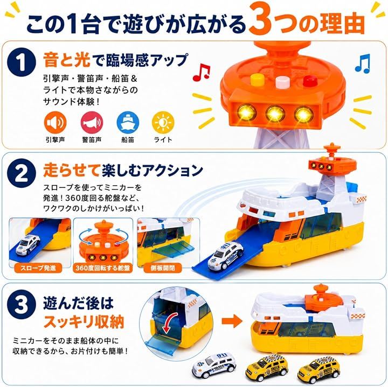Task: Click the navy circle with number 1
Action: [x=22, y=62]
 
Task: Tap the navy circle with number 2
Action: [x=22, y=173]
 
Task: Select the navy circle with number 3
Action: [x=22, y=305]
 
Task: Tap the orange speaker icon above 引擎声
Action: [x=55, y=122]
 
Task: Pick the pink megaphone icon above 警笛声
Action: [x=92, y=122]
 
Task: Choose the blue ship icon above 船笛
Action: [x=128, y=122]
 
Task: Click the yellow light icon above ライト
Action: [x=163, y=122]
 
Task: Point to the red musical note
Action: [x=201, y=73]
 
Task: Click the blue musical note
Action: [x=363, y=64]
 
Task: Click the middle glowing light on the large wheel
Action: [x=275, y=113]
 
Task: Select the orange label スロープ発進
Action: [x=38, y=268]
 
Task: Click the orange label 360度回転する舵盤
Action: [x=103, y=268]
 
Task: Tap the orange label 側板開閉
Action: [x=163, y=268]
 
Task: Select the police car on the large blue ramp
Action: [x=225, y=256]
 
